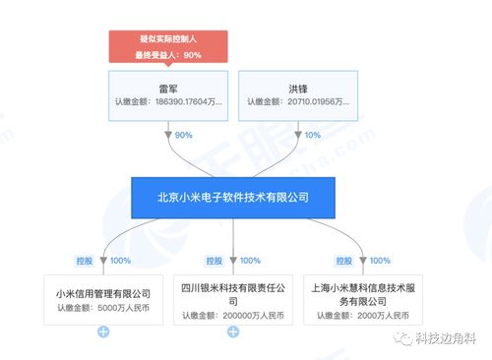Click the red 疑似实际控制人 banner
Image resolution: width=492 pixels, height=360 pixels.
click(x=168, y=46)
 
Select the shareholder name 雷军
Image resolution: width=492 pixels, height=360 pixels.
click(x=168, y=87)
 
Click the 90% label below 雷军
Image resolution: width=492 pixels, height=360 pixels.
click(x=182, y=135)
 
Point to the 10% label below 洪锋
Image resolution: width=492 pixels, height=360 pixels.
click(x=312, y=135)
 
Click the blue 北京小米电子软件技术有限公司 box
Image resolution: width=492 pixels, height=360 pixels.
click(x=233, y=197)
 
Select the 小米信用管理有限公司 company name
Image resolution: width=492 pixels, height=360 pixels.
click(x=103, y=292)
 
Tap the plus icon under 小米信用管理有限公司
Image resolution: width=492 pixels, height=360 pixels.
click(x=103, y=330)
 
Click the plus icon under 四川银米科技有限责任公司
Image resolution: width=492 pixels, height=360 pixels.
click(x=233, y=331)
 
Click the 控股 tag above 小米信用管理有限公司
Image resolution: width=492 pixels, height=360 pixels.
click(x=85, y=261)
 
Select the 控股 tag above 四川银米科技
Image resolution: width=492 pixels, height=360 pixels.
click(x=215, y=261)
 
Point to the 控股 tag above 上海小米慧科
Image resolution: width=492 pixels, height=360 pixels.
click(x=344, y=261)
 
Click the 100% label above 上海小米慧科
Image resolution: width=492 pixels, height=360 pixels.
click(x=379, y=261)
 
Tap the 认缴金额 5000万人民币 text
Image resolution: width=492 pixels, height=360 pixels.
click(x=103, y=309)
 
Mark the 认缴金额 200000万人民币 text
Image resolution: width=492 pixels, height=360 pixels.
click(x=233, y=317)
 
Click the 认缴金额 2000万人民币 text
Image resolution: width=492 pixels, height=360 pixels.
click(x=363, y=317)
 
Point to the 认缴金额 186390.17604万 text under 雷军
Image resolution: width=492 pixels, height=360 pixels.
click(x=168, y=101)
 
